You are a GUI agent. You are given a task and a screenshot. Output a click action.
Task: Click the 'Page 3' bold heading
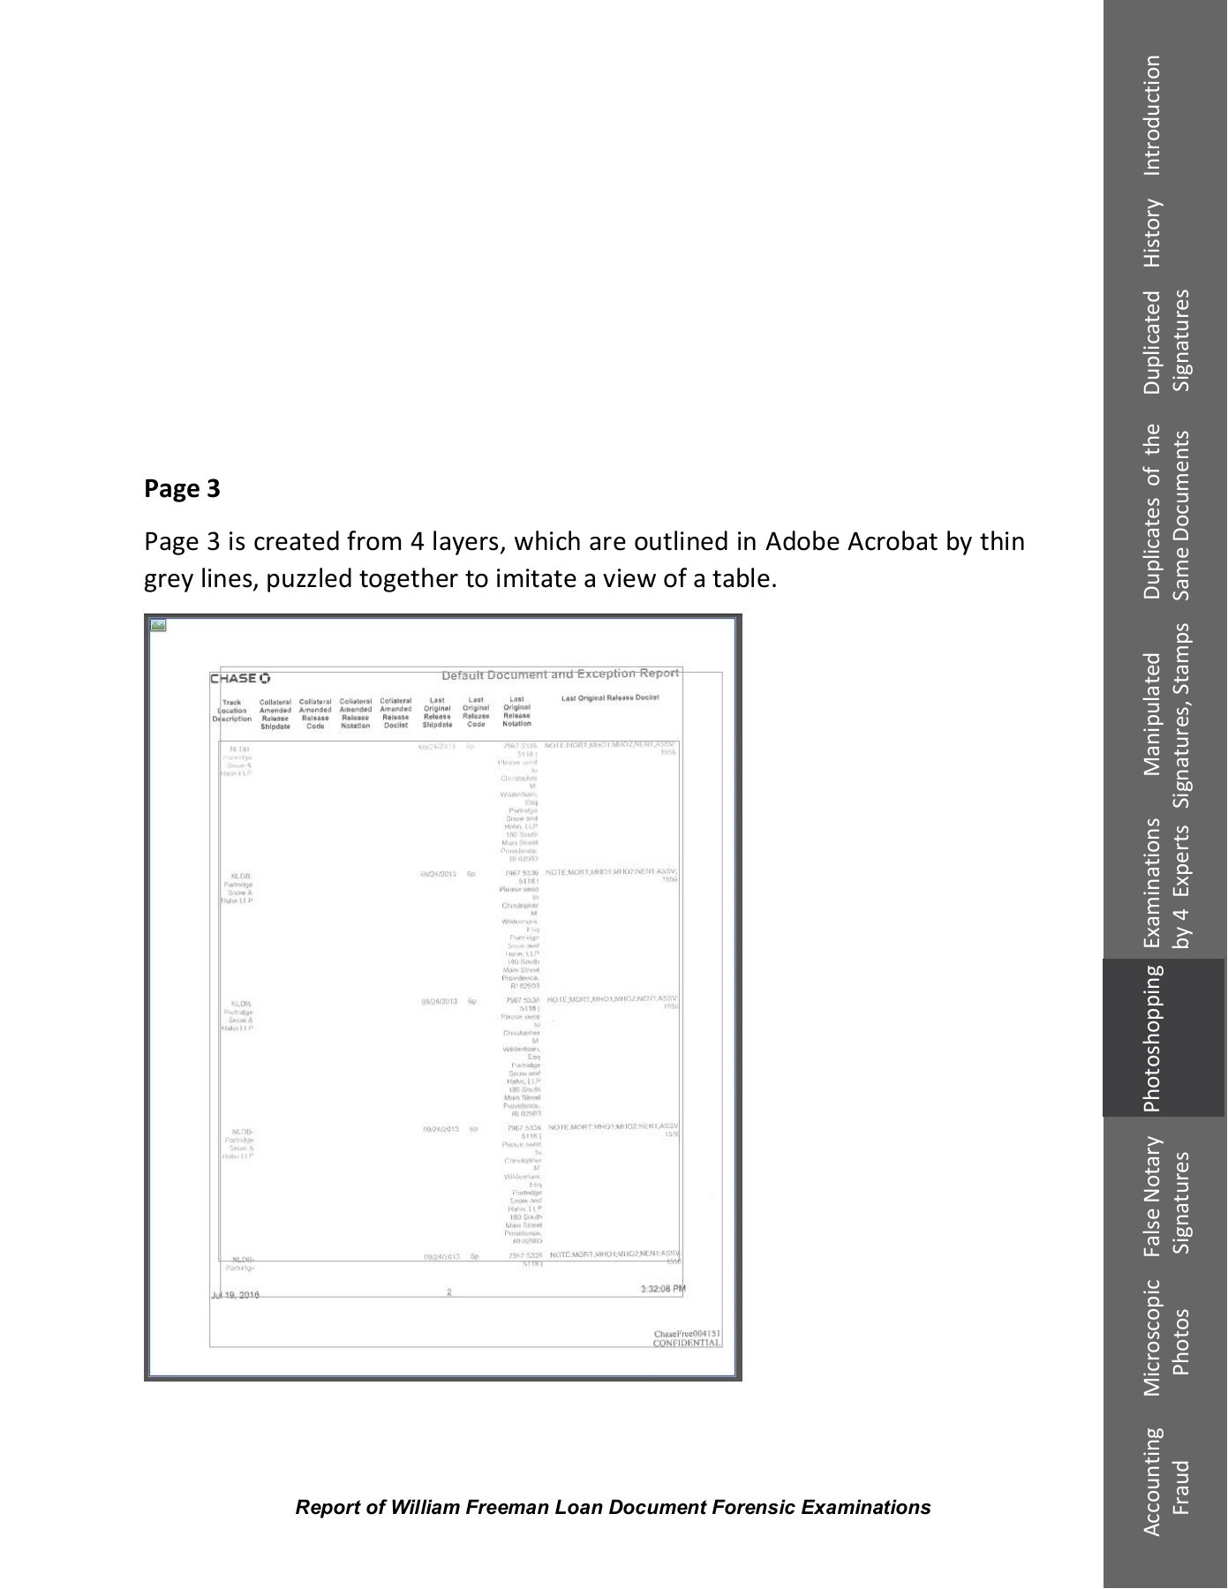coord(182,488)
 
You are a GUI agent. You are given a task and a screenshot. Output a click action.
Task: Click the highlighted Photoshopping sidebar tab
coord(1153,1038)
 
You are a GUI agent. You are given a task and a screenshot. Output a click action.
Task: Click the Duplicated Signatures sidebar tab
coord(1165,341)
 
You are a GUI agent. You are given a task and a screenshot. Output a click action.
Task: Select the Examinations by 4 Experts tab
coord(1165,883)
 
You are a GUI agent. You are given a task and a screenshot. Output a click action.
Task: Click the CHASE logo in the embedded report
coord(239,678)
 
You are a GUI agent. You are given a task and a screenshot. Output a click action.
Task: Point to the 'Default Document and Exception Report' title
coord(560,674)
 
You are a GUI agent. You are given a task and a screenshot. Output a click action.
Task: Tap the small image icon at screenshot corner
coord(158,625)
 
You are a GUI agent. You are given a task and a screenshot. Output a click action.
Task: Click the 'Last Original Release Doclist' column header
coord(610,697)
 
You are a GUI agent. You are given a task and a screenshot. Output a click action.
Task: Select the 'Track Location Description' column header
coord(231,711)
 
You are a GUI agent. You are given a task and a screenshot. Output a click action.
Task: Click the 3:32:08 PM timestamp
coord(662,1289)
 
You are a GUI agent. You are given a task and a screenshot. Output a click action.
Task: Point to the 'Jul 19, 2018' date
coord(235,1295)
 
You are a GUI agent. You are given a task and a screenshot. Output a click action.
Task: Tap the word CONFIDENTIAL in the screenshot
coord(687,1343)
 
